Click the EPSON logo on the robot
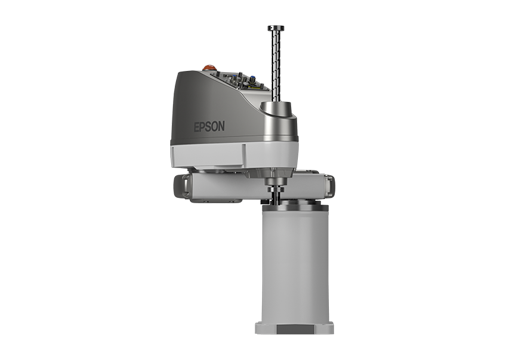209,127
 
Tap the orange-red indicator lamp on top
208,68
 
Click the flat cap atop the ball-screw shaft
276,28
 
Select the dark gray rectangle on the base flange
295,329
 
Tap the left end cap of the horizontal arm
179,187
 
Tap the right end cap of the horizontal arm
330,186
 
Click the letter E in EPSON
197,127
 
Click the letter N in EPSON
221,126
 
